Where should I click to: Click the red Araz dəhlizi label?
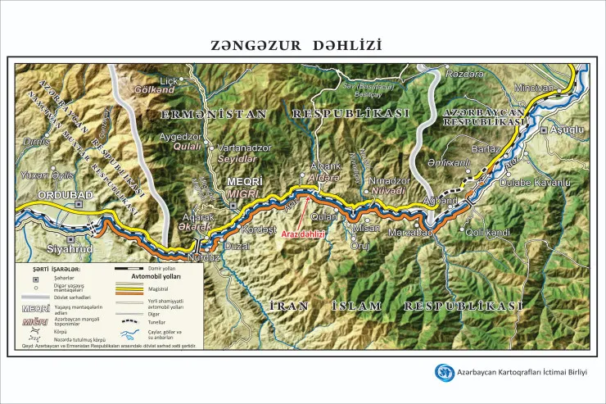[x=304, y=234]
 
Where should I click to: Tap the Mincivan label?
[x=535, y=88]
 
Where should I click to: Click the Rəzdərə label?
[x=464, y=75]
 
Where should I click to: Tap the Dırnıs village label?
[x=38, y=141]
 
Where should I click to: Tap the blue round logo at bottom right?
[x=445, y=373]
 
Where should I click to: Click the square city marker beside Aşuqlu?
[x=544, y=130]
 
